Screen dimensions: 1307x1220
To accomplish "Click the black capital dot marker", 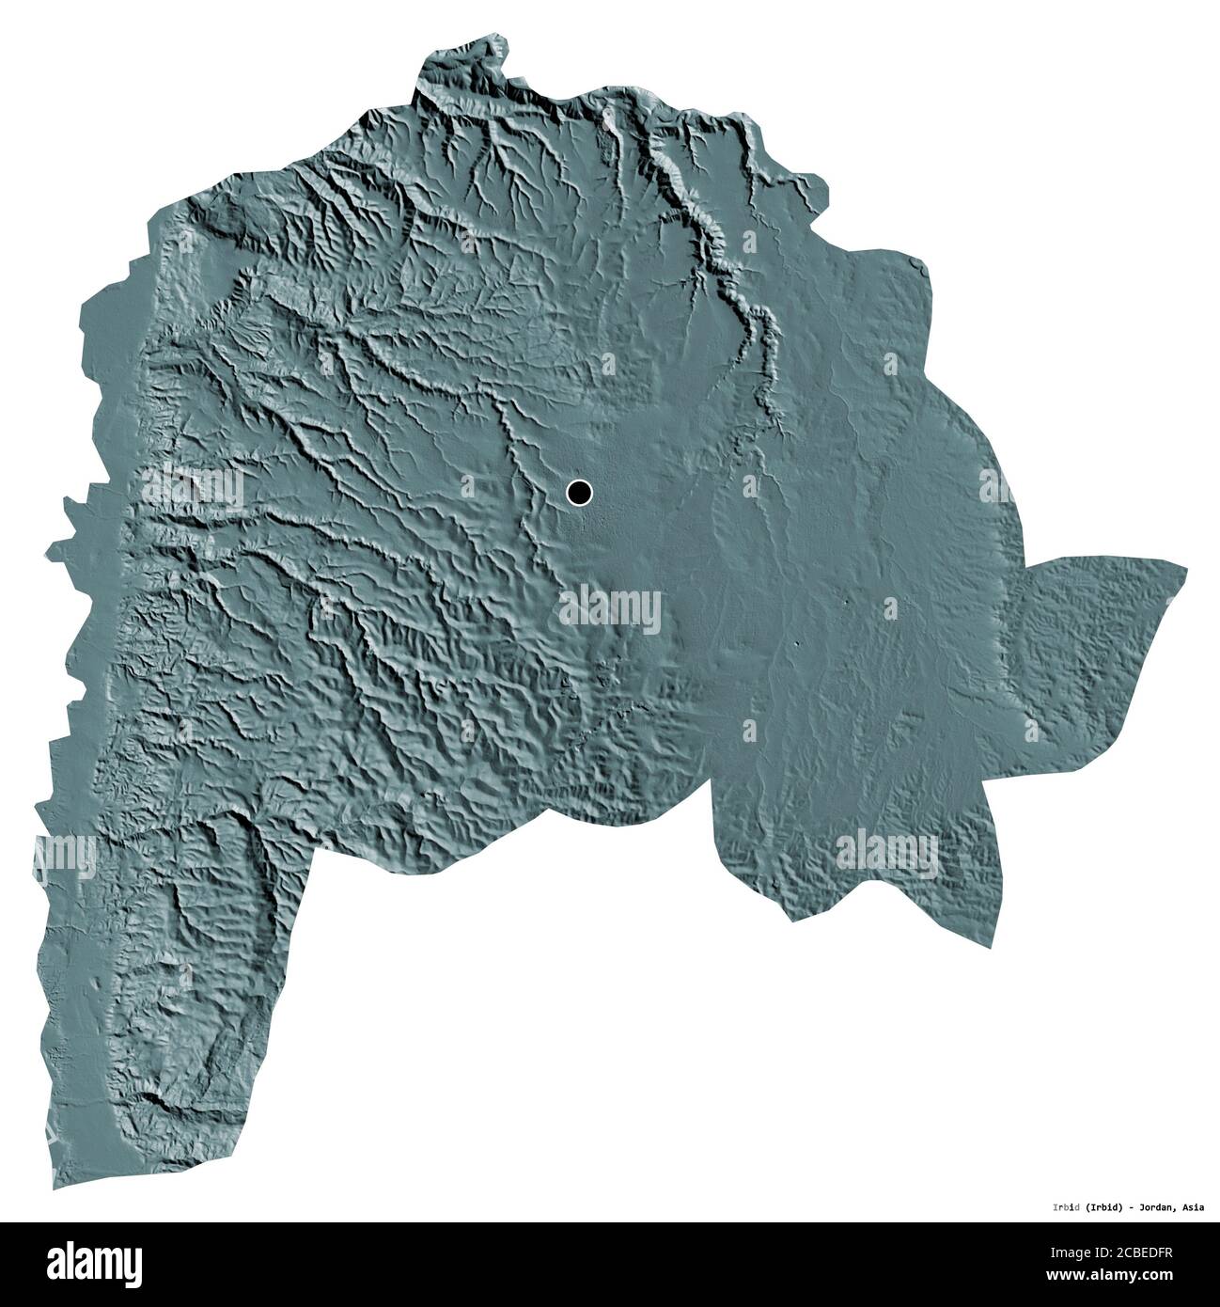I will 580,492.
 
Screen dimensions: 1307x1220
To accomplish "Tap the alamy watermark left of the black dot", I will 193,486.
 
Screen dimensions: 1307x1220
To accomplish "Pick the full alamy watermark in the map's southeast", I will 887,853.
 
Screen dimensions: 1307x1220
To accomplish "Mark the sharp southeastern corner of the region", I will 990,947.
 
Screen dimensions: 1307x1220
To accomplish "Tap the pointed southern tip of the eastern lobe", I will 794,922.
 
